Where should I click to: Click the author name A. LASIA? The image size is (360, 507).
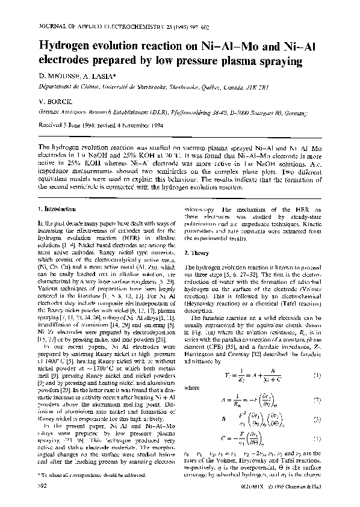103,75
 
